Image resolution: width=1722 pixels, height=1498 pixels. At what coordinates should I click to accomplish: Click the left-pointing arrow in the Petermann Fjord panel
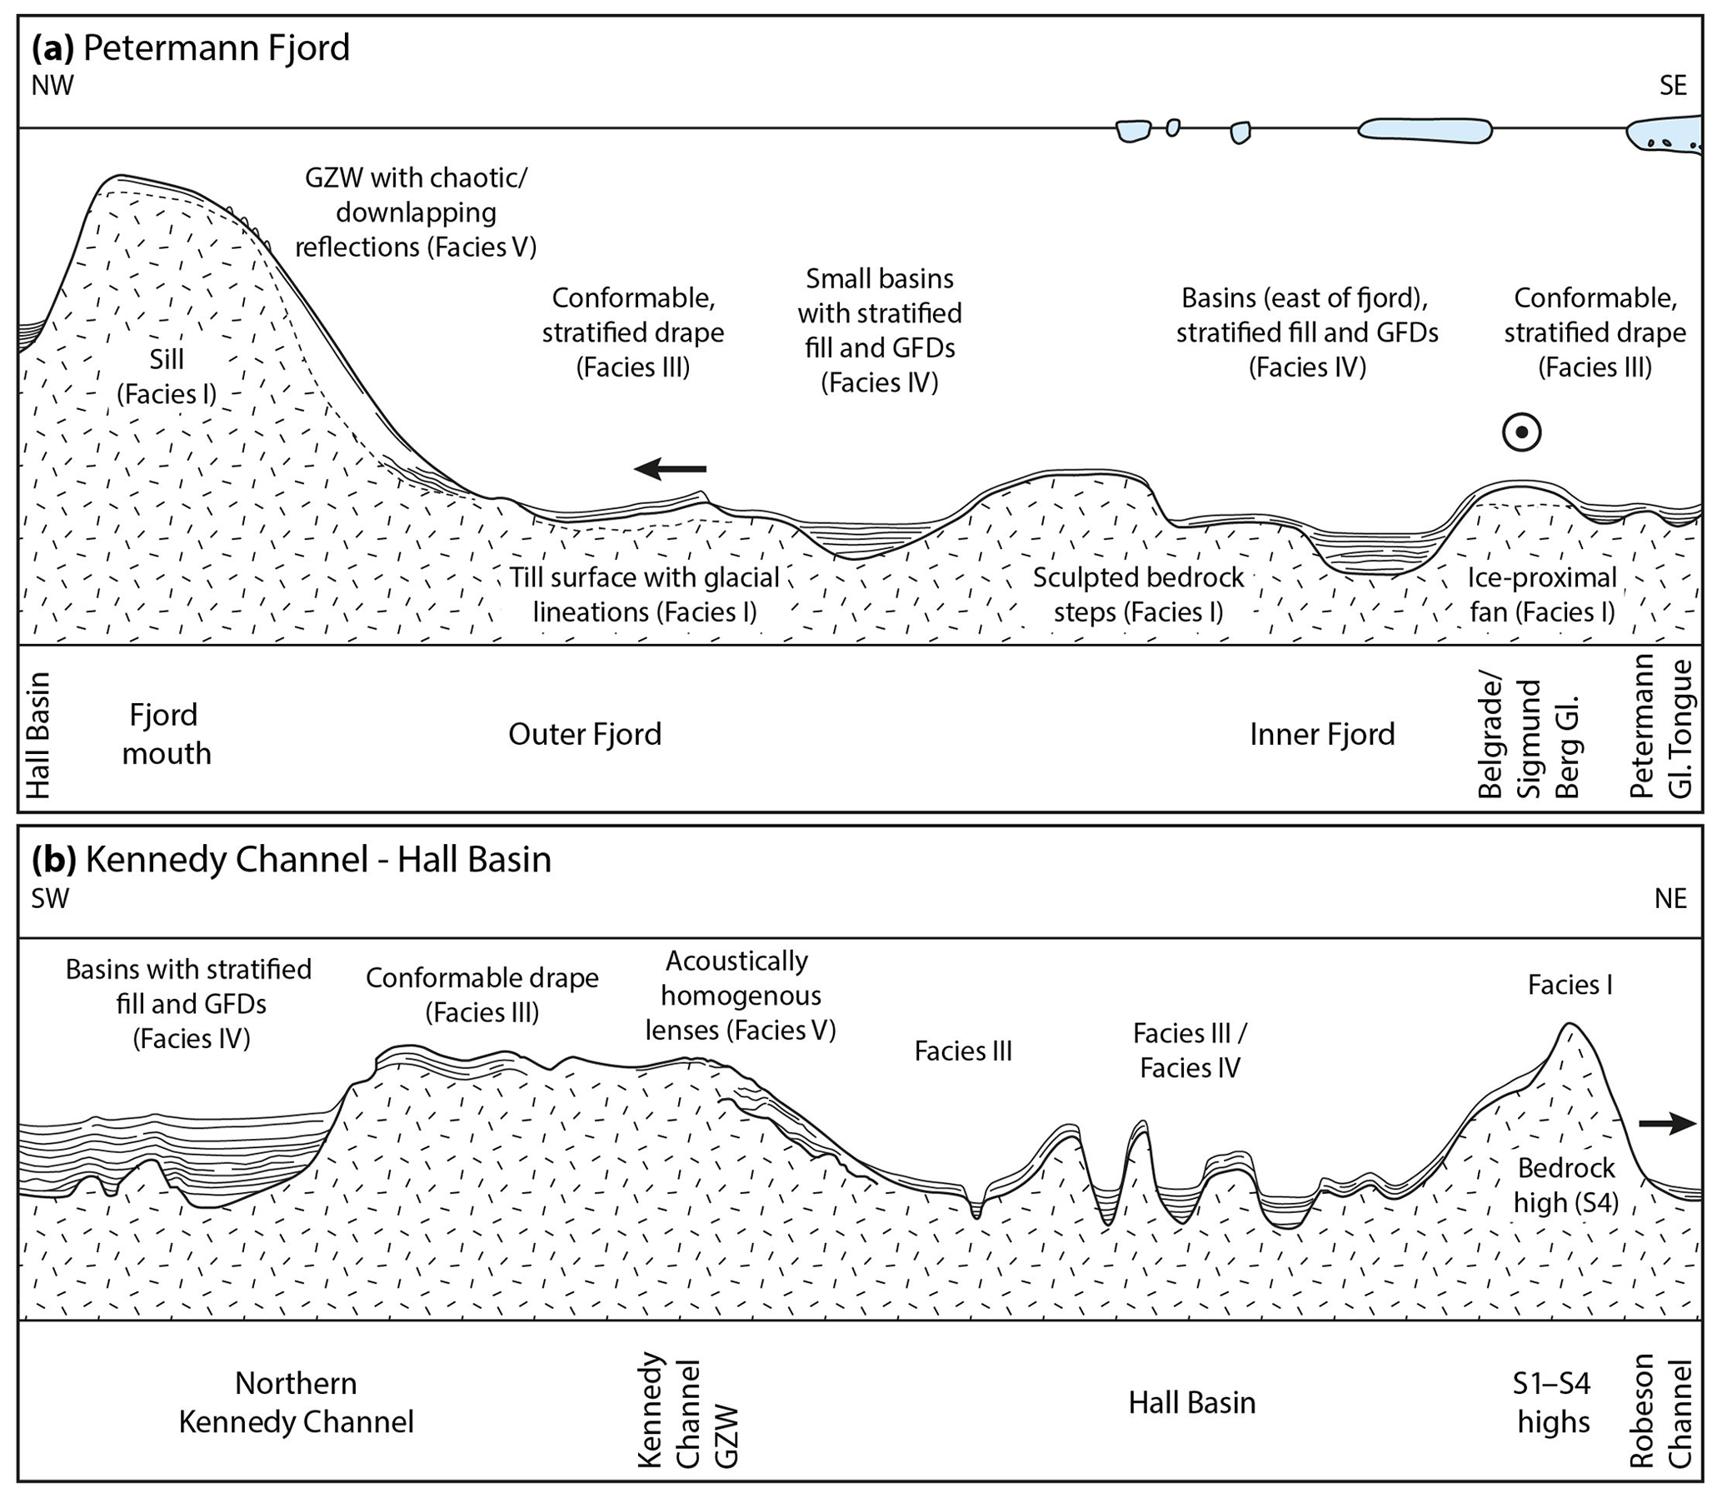pyautogui.click(x=670, y=469)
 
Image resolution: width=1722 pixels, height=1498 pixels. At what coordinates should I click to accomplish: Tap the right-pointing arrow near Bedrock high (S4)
pyautogui.click(x=1666, y=1125)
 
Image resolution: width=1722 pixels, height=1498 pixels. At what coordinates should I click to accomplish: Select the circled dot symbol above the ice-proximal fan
pyautogui.click(x=1520, y=433)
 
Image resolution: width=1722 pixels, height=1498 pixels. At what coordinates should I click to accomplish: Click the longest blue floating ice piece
pyautogui.click(x=1425, y=130)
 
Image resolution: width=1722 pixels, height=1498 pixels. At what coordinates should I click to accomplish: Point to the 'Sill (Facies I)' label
pyautogui.click(x=167, y=377)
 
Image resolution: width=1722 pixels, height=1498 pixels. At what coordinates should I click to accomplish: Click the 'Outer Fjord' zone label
pyautogui.click(x=584, y=734)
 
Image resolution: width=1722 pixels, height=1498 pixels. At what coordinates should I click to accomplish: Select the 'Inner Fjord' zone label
pyautogui.click(x=1321, y=734)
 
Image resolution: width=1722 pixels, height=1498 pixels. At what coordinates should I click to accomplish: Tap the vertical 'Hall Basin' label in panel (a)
pyautogui.click(x=38, y=735)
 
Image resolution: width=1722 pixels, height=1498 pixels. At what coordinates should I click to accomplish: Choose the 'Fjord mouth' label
pyautogui.click(x=166, y=734)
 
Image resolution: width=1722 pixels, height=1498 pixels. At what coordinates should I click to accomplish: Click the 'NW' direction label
pyautogui.click(x=52, y=85)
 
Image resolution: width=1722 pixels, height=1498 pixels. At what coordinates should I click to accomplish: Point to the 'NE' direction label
pyautogui.click(x=1670, y=898)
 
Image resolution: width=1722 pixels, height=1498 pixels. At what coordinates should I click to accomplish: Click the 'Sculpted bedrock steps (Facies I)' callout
pyautogui.click(x=1138, y=594)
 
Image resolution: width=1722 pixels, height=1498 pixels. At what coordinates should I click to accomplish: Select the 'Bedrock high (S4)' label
pyautogui.click(x=1565, y=1185)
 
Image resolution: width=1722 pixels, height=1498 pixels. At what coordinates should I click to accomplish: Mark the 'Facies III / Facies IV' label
pyautogui.click(x=1190, y=1050)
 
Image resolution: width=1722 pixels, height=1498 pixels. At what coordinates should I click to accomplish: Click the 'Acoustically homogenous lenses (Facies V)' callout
pyautogui.click(x=739, y=995)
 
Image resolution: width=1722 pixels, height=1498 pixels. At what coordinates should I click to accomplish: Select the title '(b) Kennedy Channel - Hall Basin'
pyautogui.click(x=292, y=859)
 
